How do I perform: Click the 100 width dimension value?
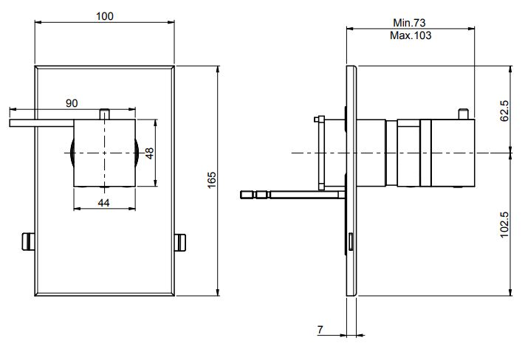(105, 15)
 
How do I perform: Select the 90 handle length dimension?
(72, 103)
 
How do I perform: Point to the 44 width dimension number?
(104, 201)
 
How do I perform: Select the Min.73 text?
(411, 23)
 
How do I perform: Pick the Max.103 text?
(411, 35)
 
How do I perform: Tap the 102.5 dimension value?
(504, 223)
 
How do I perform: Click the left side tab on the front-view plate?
(29, 240)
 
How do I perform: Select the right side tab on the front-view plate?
(180, 240)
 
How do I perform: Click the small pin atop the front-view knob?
(104, 114)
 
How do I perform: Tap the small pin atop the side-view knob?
(463, 114)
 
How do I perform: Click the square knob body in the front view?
(104, 153)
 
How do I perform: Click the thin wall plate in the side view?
(353, 181)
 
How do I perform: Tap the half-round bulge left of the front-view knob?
(71, 153)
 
